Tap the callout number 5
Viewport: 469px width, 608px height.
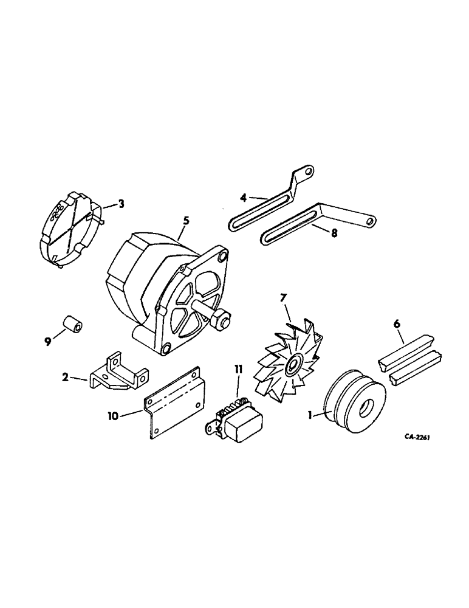tap(186, 221)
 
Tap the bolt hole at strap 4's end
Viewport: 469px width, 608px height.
tap(308, 173)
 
